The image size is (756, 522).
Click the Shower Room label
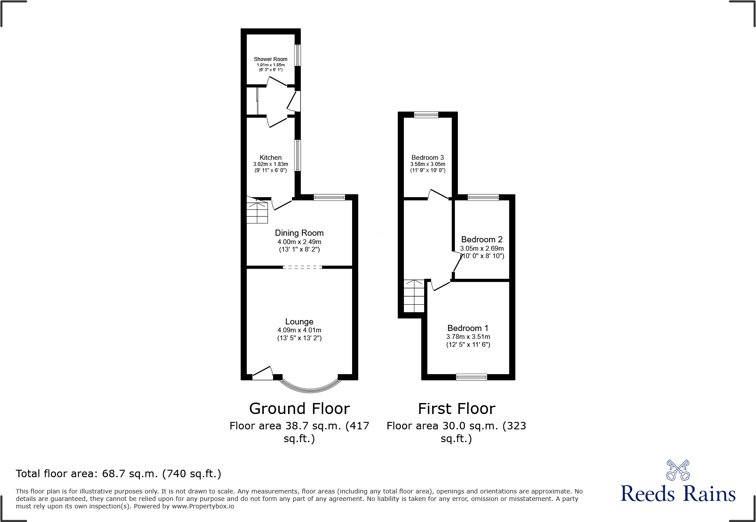click(270, 59)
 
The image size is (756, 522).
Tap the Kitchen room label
click(270, 158)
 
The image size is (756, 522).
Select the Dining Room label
click(299, 233)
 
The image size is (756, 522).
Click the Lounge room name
click(299, 322)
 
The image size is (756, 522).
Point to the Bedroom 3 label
click(428, 158)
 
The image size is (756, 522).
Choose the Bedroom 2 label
click(482, 240)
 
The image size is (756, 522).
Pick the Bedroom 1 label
click(468, 328)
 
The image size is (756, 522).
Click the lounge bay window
click(310, 386)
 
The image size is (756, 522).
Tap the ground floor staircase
click(257, 210)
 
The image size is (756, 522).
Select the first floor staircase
click(414, 296)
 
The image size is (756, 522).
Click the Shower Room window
click(298, 55)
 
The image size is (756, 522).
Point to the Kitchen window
click(298, 155)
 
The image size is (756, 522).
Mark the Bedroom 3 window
click(426, 115)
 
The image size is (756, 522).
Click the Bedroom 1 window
click(472, 377)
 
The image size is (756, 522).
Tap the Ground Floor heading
click(299, 409)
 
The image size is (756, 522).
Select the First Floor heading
click(457, 409)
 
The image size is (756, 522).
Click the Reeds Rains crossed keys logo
click(678, 470)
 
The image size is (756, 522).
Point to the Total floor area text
click(119, 474)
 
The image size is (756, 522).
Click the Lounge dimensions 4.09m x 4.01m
click(299, 330)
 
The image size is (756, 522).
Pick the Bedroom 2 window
click(483, 198)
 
